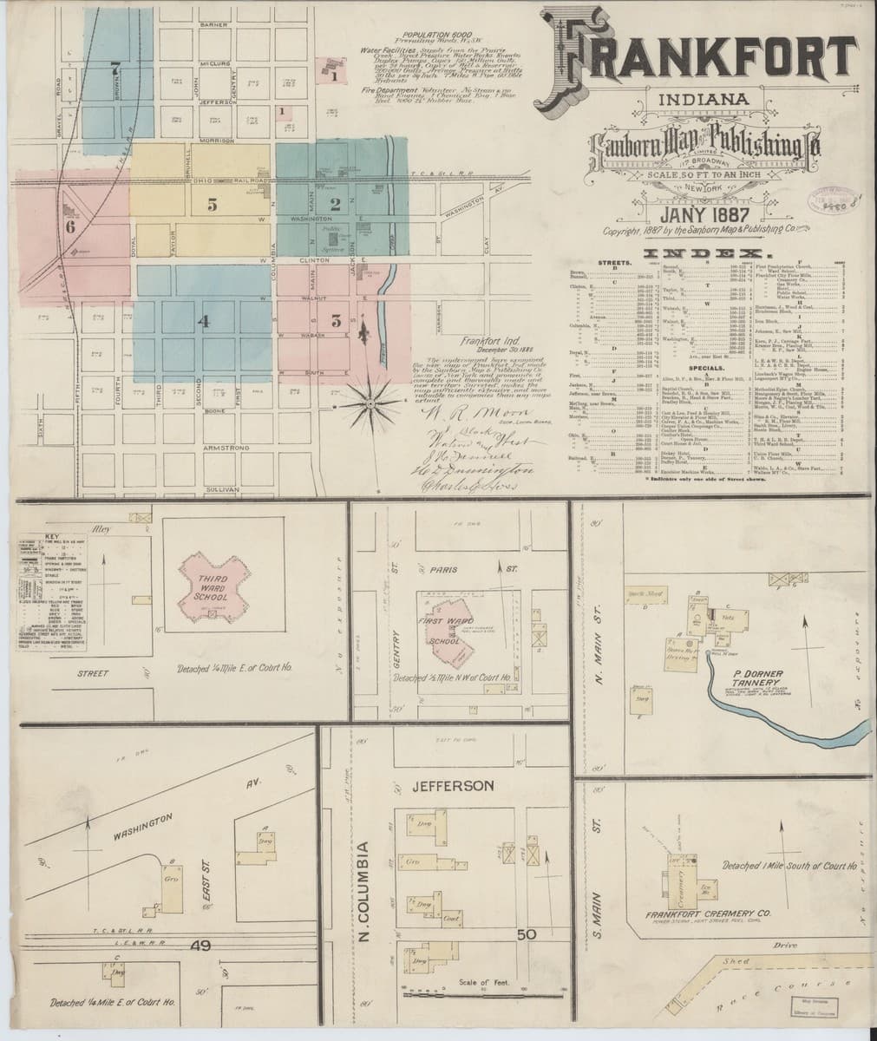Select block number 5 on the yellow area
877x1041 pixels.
pos(211,206)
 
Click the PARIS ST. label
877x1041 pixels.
pos(471,570)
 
